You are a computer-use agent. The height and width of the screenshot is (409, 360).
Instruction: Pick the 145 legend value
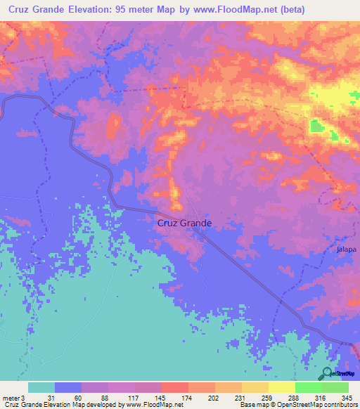pyautogui.click(x=162, y=397)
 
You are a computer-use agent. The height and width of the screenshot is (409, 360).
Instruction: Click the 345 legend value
pyautogui.click(x=346, y=397)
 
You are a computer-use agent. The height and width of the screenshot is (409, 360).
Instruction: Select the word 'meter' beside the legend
pyautogui.click(x=13, y=397)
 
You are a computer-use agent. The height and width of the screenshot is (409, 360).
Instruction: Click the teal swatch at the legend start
pyautogui.click(x=41, y=387)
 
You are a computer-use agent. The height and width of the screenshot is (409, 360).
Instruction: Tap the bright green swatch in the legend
pyautogui.click(x=308, y=387)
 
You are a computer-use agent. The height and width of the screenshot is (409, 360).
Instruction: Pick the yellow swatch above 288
pyautogui.click(x=281, y=387)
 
